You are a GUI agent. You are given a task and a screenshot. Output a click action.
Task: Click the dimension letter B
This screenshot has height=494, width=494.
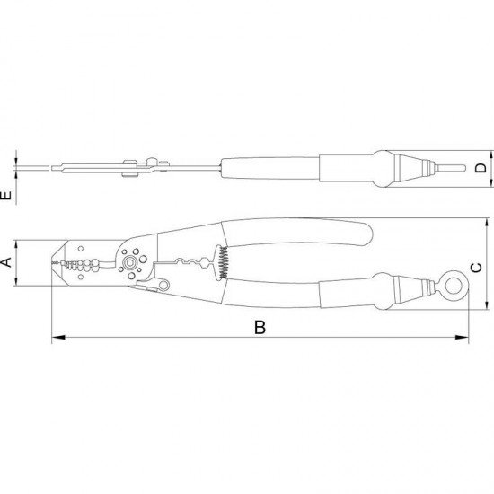pos(260,328)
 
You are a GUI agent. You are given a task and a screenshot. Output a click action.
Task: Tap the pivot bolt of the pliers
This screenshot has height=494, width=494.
pos(132,263)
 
